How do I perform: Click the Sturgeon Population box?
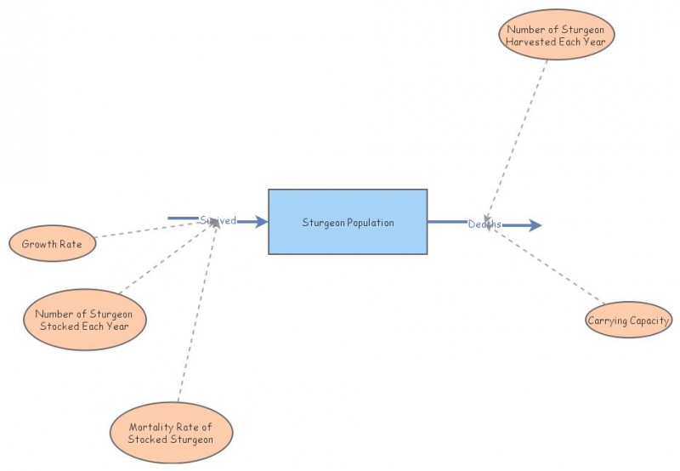(348, 222)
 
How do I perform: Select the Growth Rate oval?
(52, 244)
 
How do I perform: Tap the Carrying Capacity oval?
(629, 321)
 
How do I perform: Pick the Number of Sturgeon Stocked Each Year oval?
(84, 320)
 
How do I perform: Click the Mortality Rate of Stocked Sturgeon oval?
(171, 433)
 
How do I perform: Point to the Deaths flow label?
(484, 224)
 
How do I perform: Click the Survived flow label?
(218, 220)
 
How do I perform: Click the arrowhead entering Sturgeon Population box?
(260, 222)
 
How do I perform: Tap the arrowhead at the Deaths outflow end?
(534, 225)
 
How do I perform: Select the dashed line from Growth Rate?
(153, 230)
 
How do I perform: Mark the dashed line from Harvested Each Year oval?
(518, 136)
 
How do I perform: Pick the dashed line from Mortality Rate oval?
(197, 315)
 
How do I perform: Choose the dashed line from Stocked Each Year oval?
(166, 260)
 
